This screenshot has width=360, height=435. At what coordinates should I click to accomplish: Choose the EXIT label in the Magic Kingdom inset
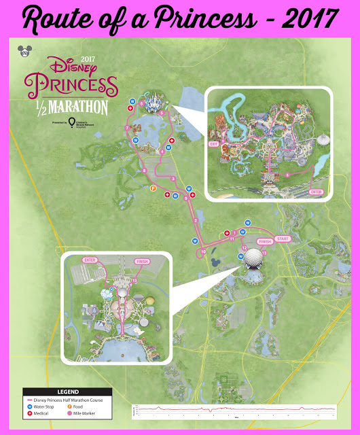pyautogui.click(x=213, y=145)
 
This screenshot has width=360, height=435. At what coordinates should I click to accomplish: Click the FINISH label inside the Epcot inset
pyautogui.click(x=142, y=260)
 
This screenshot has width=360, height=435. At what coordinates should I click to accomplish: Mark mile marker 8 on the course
pyautogui.click(x=145, y=171)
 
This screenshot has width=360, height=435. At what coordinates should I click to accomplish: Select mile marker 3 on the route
pyautogui.click(x=174, y=179)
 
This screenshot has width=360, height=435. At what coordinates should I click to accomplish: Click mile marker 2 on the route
pyautogui.click(x=196, y=221)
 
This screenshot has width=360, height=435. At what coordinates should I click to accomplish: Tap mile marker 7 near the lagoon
pyautogui.click(x=127, y=128)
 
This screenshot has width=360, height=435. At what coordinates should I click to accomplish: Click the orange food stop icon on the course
pyautogui.click(x=152, y=188)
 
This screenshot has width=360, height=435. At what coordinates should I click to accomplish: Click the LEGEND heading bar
pyautogui.click(x=68, y=392)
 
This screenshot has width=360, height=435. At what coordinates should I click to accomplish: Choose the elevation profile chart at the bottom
pyautogui.click(x=234, y=411)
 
